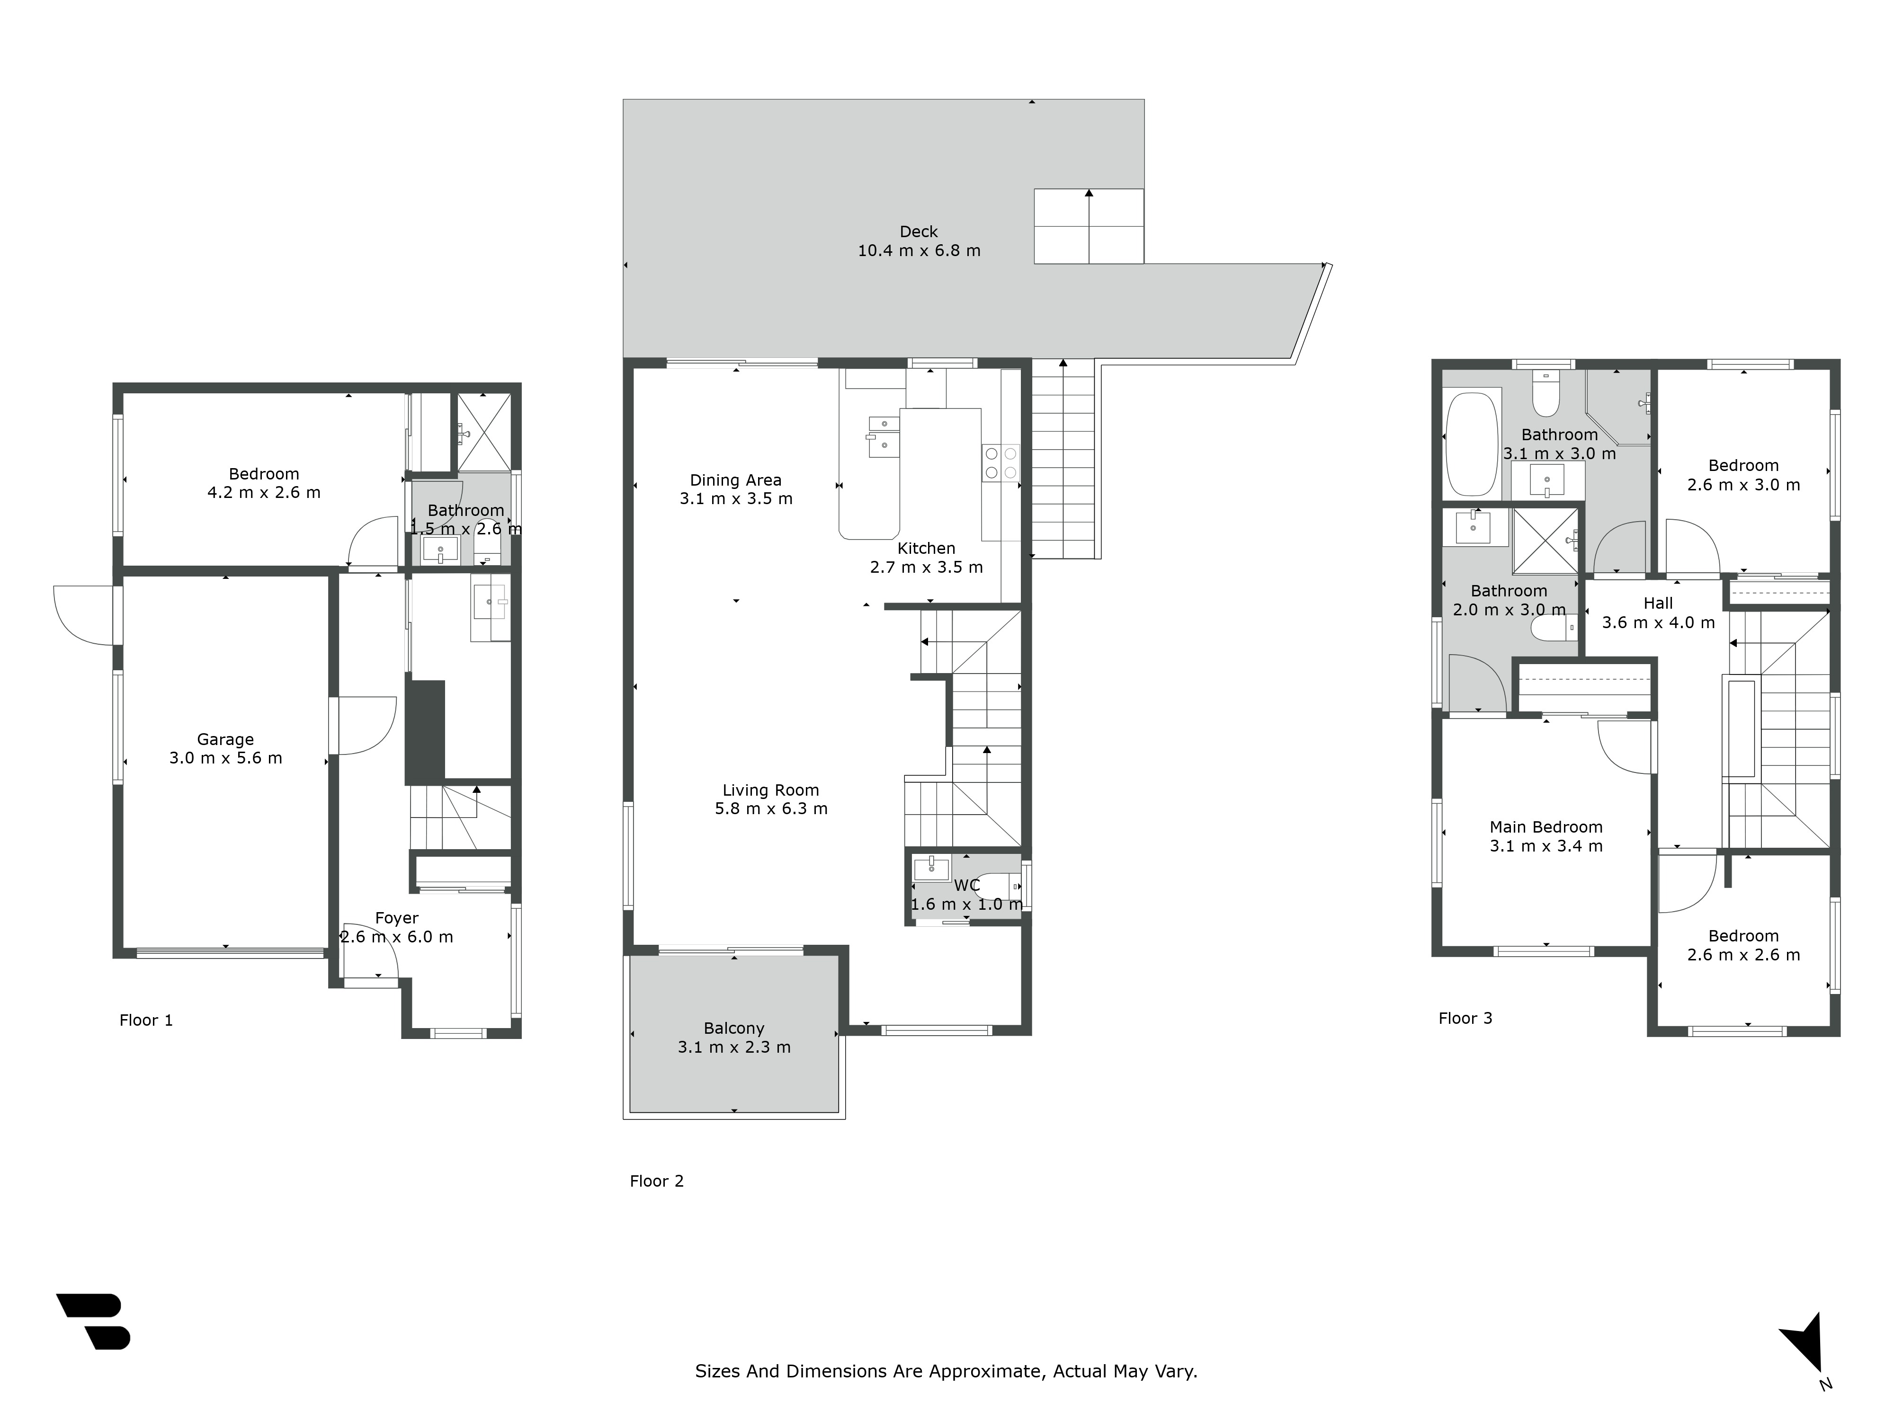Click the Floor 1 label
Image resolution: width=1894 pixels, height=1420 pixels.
(145, 1021)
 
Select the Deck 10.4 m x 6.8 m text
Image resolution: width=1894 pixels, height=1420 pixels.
(919, 241)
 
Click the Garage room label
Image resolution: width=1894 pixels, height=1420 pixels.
(225, 739)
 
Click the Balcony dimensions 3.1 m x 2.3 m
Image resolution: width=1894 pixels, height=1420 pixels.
(734, 1047)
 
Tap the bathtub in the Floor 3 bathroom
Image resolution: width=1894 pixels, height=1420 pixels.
(1471, 444)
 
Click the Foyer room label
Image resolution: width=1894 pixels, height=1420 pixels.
(396, 918)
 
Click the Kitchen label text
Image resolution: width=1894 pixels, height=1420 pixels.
(926, 549)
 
